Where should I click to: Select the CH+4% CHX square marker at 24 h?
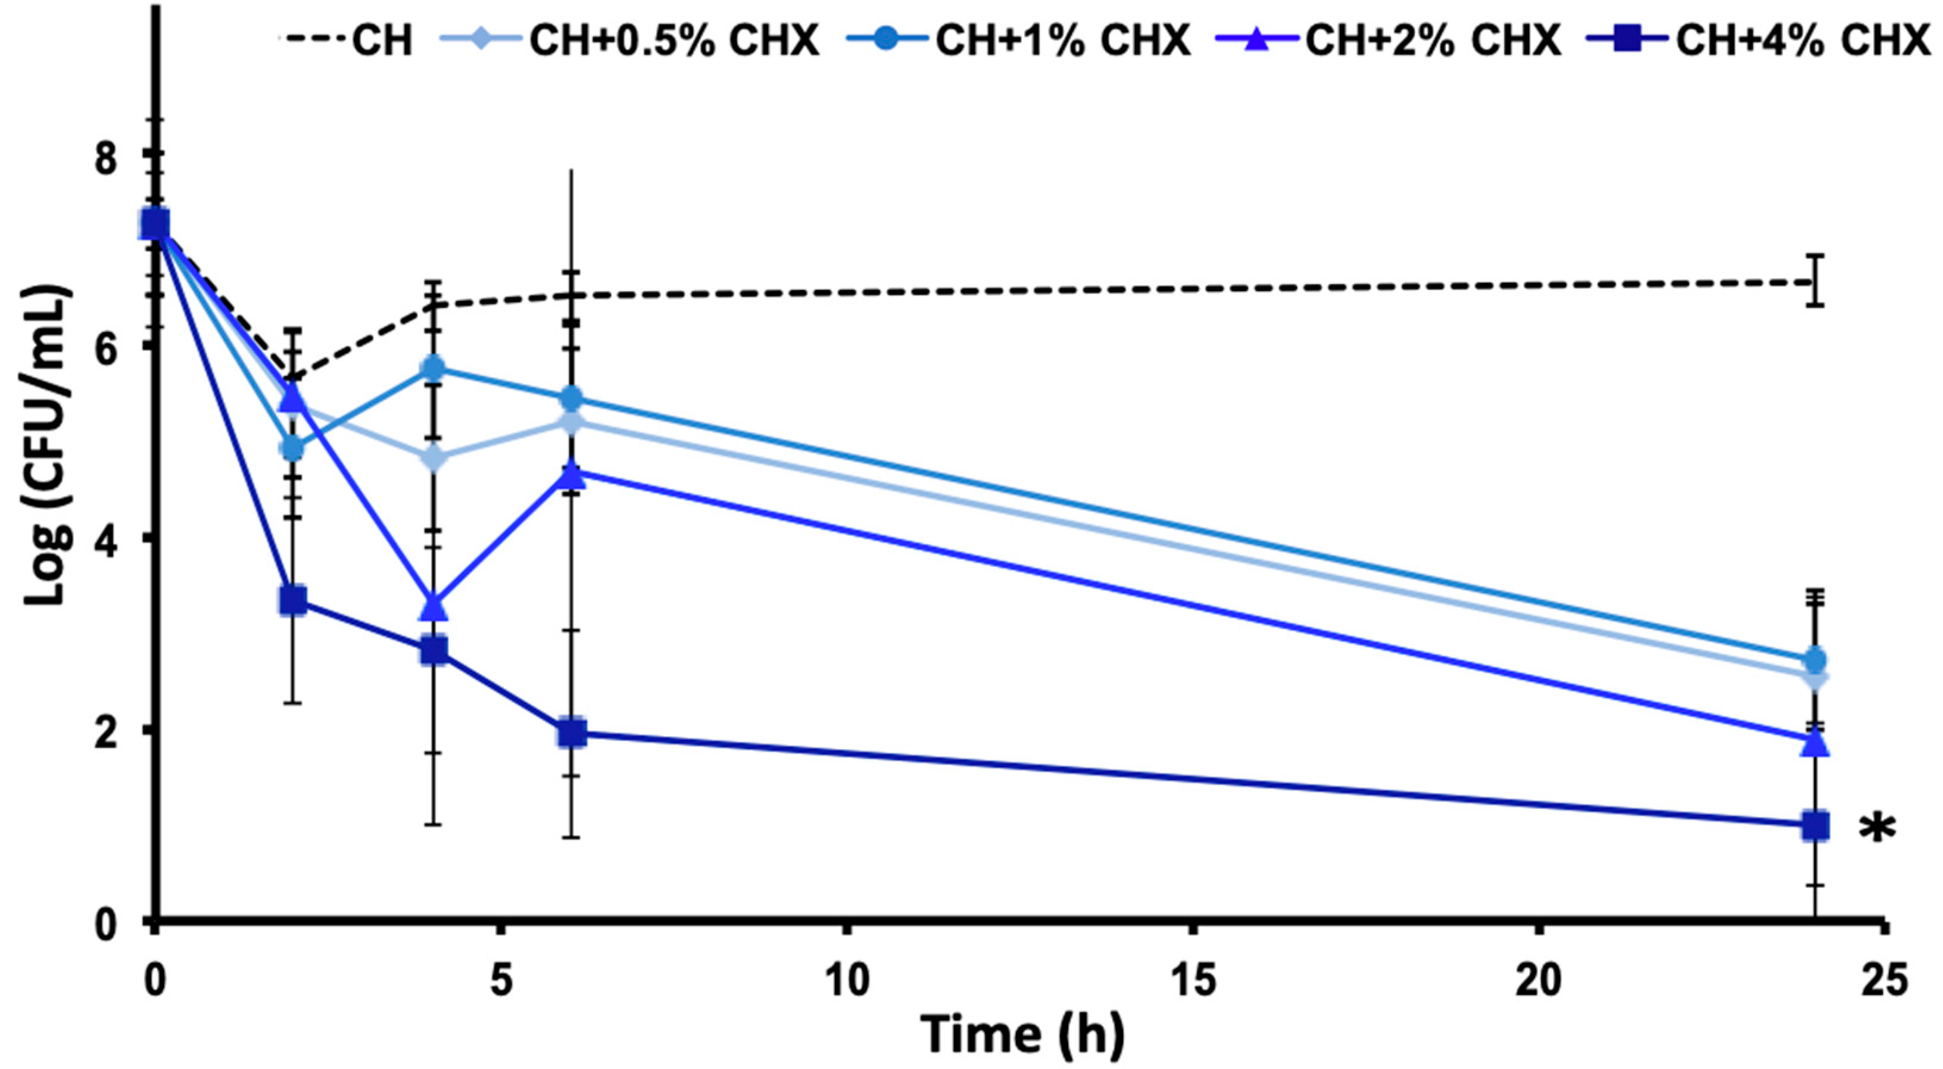coord(1815,825)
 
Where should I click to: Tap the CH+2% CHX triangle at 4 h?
coord(433,606)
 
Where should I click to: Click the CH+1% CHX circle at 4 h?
coord(433,368)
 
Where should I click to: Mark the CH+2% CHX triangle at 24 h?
coord(1815,742)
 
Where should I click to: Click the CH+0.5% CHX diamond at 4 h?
coord(433,457)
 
